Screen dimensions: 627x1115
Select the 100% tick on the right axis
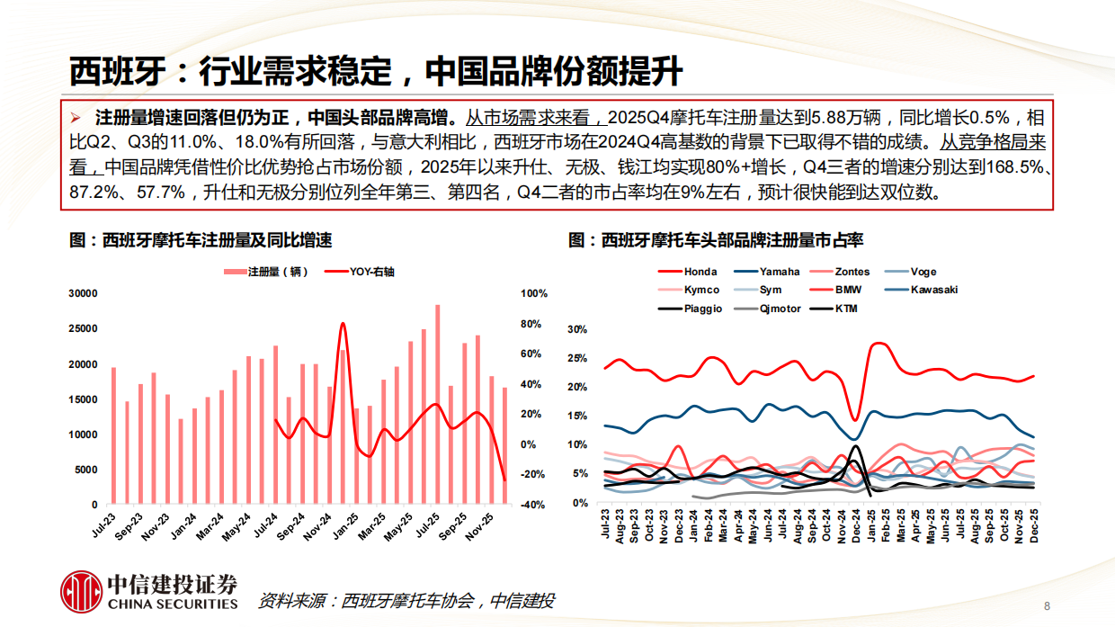point(534,294)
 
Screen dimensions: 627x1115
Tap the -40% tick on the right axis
point(533,505)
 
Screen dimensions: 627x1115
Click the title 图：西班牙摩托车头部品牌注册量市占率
point(716,240)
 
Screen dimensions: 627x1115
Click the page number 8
point(1047,604)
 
